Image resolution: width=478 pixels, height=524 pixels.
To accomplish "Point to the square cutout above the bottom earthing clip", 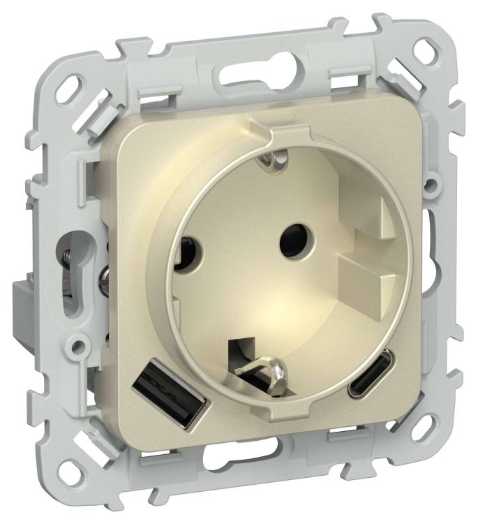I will pos(244,346).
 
